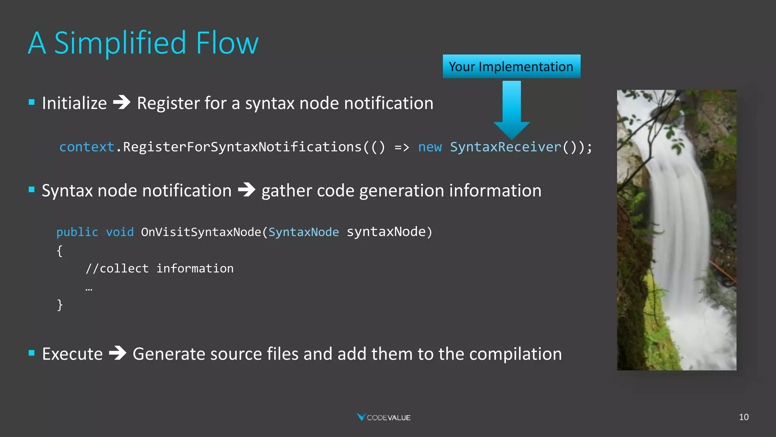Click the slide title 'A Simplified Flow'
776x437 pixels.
click(x=143, y=43)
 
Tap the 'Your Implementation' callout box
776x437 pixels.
click(x=511, y=67)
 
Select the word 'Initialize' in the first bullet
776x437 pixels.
click(x=74, y=103)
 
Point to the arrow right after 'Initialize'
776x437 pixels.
click(x=122, y=102)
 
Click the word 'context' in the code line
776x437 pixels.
click(x=87, y=147)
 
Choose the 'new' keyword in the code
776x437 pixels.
click(x=430, y=147)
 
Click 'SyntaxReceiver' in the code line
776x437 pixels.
click(x=505, y=147)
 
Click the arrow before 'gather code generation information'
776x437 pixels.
click(x=247, y=190)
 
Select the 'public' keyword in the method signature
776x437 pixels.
click(x=77, y=232)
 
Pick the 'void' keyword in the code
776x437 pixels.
click(x=120, y=232)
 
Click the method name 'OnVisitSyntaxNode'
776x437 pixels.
click(x=201, y=232)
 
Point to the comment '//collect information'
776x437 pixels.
click(x=160, y=269)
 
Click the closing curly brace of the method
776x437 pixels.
click(x=60, y=305)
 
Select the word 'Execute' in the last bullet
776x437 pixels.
click(x=72, y=354)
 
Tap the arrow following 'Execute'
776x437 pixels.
click(x=118, y=353)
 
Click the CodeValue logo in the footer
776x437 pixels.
click(x=384, y=417)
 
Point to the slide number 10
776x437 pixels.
click(x=743, y=417)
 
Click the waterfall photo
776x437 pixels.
click(x=676, y=230)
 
